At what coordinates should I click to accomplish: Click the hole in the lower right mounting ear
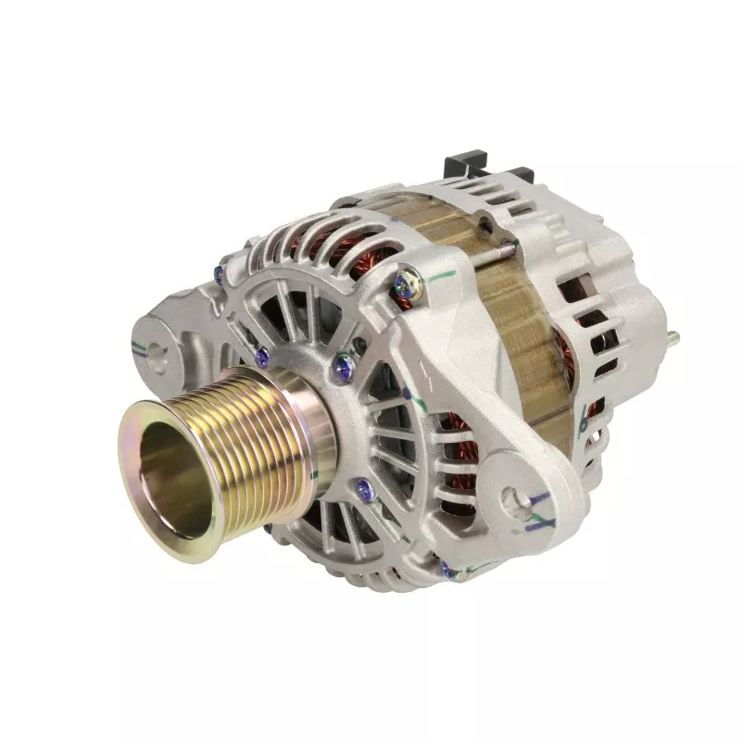513,503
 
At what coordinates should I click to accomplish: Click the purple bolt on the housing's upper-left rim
219,271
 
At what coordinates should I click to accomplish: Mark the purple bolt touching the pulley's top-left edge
261,352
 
